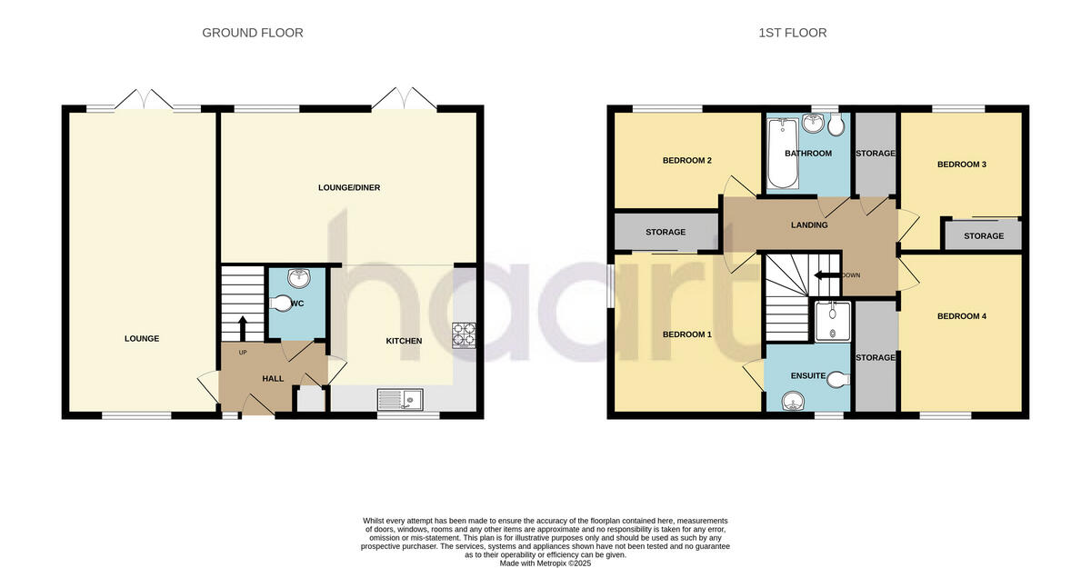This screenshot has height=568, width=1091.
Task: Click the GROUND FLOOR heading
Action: pyautogui.click(x=252, y=33)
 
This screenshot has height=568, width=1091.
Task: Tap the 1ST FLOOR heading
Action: pyautogui.click(x=793, y=33)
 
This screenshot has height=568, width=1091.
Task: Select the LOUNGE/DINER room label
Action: pyautogui.click(x=348, y=188)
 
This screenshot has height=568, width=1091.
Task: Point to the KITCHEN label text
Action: pyautogui.click(x=404, y=341)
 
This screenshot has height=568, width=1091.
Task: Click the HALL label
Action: pyautogui.click(x=273, y=378)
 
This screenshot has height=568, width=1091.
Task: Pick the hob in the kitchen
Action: pyautogui.click(x=464, y=336)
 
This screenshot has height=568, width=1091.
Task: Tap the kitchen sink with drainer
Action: pyautogui.click(x=399, y=398)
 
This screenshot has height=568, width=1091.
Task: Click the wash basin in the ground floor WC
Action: pyautogui.click(x=297, y=278)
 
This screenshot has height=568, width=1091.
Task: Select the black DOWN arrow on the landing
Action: pyautogui.click(x=828, y=275)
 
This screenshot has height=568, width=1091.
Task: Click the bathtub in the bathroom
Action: pyautogui.click(x=782, y=154)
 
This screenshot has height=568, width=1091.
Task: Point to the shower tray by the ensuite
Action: pyautogui.click(x=832, y=322)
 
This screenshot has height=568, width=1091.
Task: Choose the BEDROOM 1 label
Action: pyautogui.click(x=686, y=334)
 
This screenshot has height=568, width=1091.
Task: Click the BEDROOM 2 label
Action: pyautogui.click(x=686, y=161)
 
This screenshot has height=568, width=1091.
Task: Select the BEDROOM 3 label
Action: pyautogui.click(x=962, y=164)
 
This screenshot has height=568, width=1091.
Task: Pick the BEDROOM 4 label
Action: pyautogui.click(x=962, y=316)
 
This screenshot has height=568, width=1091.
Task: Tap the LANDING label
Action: pyautogui.click(x=809, y=225)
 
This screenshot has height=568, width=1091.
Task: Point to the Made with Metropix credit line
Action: pyautogui.click(x=545, y=563)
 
